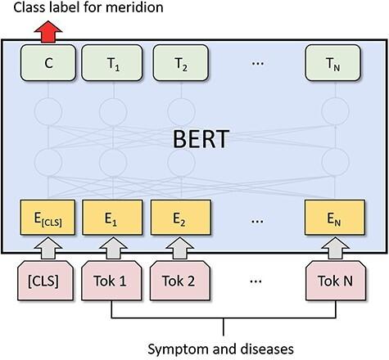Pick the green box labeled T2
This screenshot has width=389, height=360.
[178, 61]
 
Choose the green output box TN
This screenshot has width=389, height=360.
[332, 61]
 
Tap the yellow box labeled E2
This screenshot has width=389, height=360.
[178, 218]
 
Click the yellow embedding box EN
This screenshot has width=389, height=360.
[332, 218]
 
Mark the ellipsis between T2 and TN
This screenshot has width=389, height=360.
[255, 61]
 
